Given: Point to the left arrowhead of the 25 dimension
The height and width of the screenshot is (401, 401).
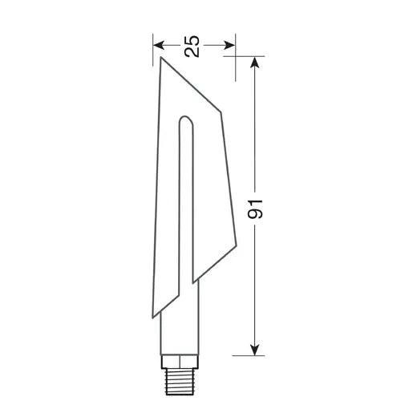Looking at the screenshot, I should tap(158, 46).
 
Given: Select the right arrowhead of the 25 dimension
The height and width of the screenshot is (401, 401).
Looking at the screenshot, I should tap(232, 46).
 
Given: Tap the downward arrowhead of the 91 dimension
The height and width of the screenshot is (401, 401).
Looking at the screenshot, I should tap(255, 349).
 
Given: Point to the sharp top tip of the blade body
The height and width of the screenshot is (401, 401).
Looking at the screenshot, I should tap(161, 58).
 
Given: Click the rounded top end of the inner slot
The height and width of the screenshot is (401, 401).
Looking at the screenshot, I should tap(185, 121).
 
